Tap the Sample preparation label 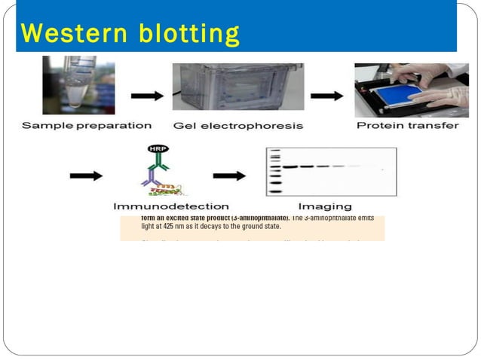click(x=86, y=126)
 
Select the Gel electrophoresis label click(x=237, y=126)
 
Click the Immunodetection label click(x=171, y=206)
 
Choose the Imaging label click(x=324, y=206)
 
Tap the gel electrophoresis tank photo click(x=237, y=86)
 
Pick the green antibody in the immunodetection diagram click(x=160, y=162)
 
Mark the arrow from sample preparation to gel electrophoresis click(x=147, y=96)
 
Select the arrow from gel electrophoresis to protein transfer click(x=326, y=96)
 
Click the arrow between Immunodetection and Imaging click(x=229, y=176)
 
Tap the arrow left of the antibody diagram click(x=86, y=176)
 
